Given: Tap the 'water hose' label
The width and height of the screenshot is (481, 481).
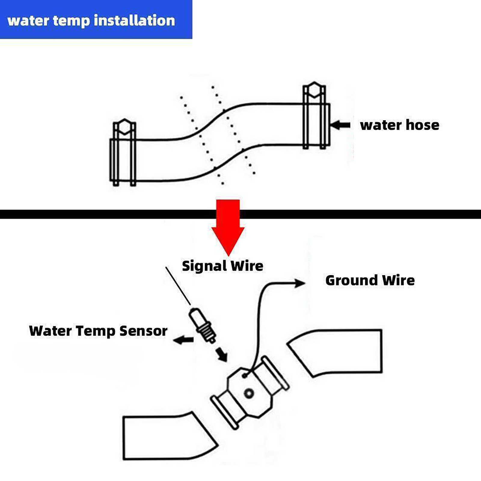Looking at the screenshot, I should [399, 125].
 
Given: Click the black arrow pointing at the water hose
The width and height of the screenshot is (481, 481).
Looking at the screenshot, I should [340, 125].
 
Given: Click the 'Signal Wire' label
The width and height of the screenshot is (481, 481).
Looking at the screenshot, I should [222, 266].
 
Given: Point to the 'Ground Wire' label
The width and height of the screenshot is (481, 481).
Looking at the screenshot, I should [370, 280].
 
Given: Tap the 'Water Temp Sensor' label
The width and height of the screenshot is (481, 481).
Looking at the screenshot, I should [98, 331].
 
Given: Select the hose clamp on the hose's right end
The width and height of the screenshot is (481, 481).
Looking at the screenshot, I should [314, 117].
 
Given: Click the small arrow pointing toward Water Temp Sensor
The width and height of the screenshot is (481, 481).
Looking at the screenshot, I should [184, 340].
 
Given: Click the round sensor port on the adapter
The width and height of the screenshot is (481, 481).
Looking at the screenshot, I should [249, 393].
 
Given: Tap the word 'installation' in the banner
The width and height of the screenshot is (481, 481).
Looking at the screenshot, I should [134, 20].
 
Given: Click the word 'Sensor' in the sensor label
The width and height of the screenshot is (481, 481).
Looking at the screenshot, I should [143, 331].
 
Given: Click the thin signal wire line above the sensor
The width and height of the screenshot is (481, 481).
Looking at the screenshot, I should [178, 286].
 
